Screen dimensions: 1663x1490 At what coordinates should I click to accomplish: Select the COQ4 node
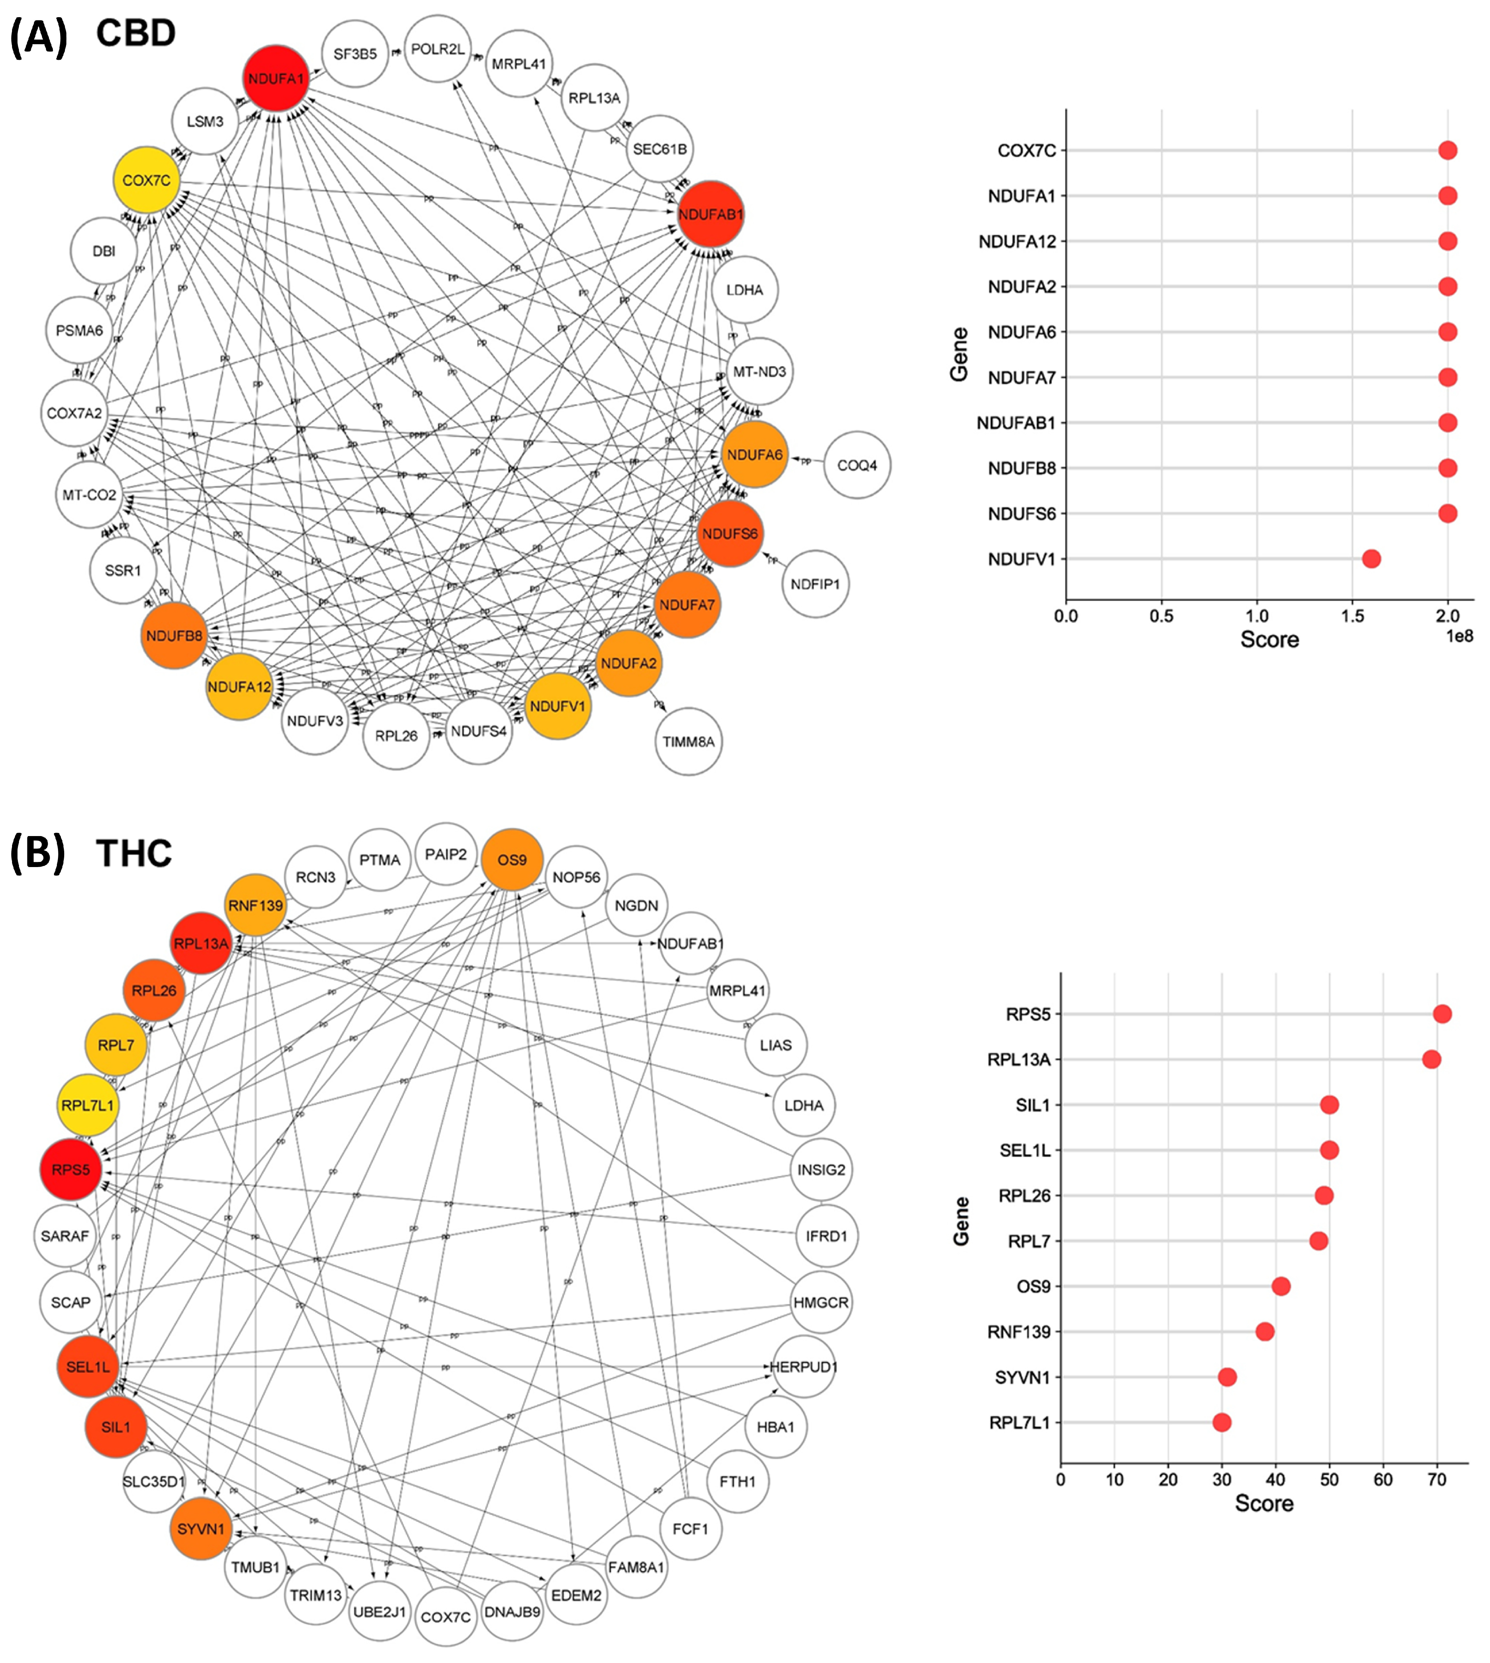pos(856,465)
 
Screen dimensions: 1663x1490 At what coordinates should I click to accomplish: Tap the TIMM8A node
pos(688,742)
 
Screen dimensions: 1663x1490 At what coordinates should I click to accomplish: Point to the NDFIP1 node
pos(815,584)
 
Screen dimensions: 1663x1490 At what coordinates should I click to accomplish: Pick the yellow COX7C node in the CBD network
pos(147,180)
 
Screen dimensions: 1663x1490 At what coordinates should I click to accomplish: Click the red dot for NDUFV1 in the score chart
pos(1371,559)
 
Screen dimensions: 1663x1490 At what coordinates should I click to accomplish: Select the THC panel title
pos(134,854)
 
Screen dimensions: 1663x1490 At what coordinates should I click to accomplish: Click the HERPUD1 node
pos(804,1367)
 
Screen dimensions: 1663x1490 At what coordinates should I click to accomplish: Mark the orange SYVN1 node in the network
pos(201,1529)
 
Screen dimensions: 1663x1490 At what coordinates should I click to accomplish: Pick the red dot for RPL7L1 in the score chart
pos(1222,1422)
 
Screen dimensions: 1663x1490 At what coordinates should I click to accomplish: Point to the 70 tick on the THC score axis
pos(1437,1480)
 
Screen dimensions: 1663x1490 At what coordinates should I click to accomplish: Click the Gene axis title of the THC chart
pos(961,1221)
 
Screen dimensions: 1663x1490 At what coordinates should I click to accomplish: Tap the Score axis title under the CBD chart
pos(1269,639)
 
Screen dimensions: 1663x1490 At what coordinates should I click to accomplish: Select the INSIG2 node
pos(821,1170)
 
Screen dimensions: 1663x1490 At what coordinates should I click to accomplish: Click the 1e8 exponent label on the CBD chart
pos(1459,636)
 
